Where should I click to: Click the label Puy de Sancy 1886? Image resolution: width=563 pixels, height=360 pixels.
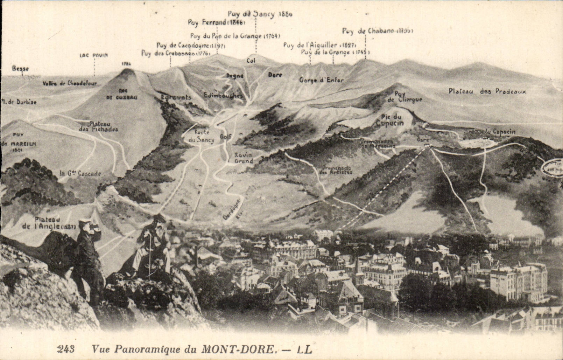point(260,14)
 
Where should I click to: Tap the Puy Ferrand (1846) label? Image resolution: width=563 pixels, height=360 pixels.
point(216,23)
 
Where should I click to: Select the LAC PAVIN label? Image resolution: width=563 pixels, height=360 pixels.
point(93,55)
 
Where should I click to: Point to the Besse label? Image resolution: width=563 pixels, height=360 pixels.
point(20,69)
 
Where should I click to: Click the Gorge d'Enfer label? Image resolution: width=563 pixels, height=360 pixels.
point(321,80)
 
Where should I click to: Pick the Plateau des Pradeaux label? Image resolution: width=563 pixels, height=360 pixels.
point(487,91)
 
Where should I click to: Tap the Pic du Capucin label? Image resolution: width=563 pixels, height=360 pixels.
point(389,120)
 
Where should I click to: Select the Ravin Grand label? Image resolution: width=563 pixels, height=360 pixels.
point(244,158)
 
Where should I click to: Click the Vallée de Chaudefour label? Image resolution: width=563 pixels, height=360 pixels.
point(70,83)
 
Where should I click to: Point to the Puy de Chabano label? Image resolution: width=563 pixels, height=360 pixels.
point(377,31)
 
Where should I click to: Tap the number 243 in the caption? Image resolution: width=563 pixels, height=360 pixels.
point(65,349)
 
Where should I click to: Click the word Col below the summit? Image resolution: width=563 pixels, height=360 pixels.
point(251,61)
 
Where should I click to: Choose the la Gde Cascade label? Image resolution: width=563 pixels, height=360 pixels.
point(80,173)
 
